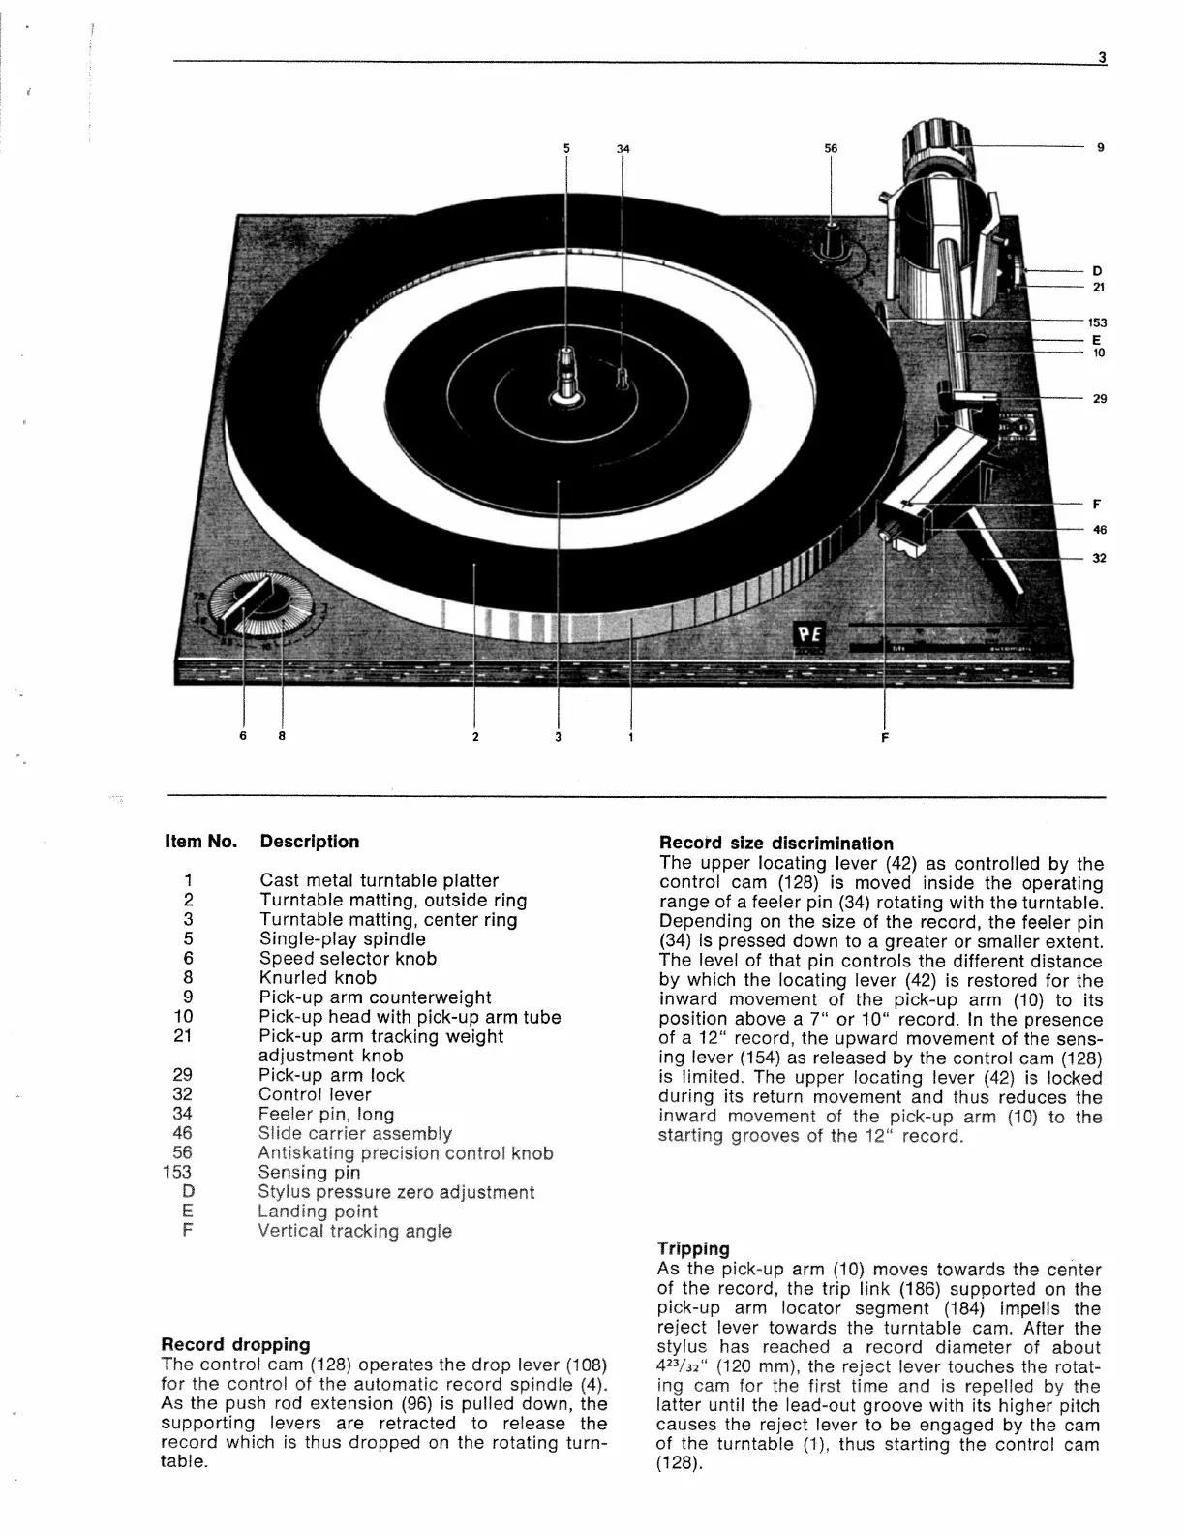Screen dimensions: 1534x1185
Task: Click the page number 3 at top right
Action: pyautogui.click(x=1102, y=57)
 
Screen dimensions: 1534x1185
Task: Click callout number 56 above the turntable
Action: pyautogui.click(x=831, y=148)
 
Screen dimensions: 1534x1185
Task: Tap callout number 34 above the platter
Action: pyautogui.click(x=623, y=148)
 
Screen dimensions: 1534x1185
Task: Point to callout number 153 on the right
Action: pyautogui.click(x=1097, y=322)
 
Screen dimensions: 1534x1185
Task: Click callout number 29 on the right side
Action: pyautogui.click(x=1100, y=399)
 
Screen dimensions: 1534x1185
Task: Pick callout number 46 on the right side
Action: pyautogui.click(x=1100, y=530)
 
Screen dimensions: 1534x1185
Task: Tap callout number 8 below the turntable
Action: pyautogui.click(x=282, y=736)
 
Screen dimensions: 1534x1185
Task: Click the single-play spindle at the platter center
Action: pyautogui.click(x=566, y=372)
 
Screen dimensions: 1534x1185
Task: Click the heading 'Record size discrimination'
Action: pyautogui.click(x=775, y=844)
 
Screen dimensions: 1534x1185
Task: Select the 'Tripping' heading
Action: pyautogui.click(x=693, y=1249)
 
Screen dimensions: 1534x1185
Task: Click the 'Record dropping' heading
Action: pyautogui.click(x=235, y=1344)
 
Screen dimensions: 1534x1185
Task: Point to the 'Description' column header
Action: pyautogui.click(x=309, y=842)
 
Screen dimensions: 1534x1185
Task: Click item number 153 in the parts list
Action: pyautogui.click(x=178, y=1172)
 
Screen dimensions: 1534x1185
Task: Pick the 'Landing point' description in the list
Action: pyautogui.click(x=318, y=1212)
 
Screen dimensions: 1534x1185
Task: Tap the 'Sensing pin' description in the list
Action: pyautogui.click(x=309, y=1172)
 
